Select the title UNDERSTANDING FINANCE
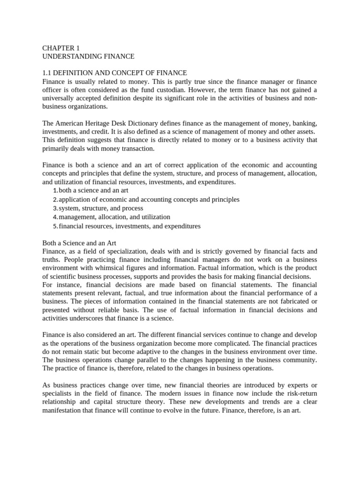(x=88, y=56)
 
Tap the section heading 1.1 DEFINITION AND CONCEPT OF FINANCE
(x=114, y=73)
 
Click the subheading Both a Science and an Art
(x=79, y=243)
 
